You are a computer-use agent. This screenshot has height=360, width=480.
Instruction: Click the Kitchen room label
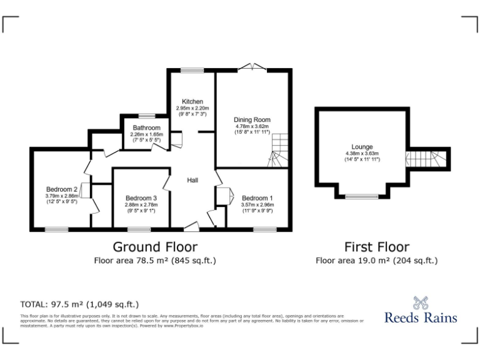pyautogui.click(x=192, y=101)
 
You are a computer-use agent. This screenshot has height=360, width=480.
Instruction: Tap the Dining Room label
pyautogui.click(x=252, y=119)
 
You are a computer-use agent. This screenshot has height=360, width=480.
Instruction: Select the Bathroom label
pyautogui.click(x=146, y=127)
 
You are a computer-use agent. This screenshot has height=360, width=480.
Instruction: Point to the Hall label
pyautogui.click(x=193, y=180)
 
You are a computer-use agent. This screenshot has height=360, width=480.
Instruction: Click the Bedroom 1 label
pyautogui.click(x=257, y=198)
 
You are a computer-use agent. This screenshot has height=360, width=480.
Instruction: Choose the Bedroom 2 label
pyautogui.click(x=61, y=189)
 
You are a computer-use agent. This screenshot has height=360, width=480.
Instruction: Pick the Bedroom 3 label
pyautogui.click(x=140, y=198)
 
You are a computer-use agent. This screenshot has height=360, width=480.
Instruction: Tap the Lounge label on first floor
pyautogui.click(x=362, y=147)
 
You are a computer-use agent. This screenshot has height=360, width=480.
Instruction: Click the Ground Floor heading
pyautogui.click(x=155, y=246)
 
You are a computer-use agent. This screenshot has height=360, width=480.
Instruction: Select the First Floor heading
pyautogui.click(x=377, y=246)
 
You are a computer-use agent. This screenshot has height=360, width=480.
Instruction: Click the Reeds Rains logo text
pyautogui.click(x=420, y=317)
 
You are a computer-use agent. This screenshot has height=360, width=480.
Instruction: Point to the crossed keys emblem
pyautogui.click(x=421, y=302)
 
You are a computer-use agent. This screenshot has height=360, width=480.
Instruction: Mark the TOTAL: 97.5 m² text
pyautogui.click(x=79, y=304)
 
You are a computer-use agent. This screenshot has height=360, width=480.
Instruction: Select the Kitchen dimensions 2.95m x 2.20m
pyautogui.click(x=192, y=108)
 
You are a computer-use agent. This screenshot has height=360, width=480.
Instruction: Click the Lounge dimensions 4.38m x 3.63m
pyautogui.click(x=362, y=154)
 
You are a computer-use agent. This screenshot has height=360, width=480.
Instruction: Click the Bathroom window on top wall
pyautogui.click(x=147, y=116)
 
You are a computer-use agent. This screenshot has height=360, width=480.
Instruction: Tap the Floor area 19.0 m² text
pyautogui.click(x=377, y=260)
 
